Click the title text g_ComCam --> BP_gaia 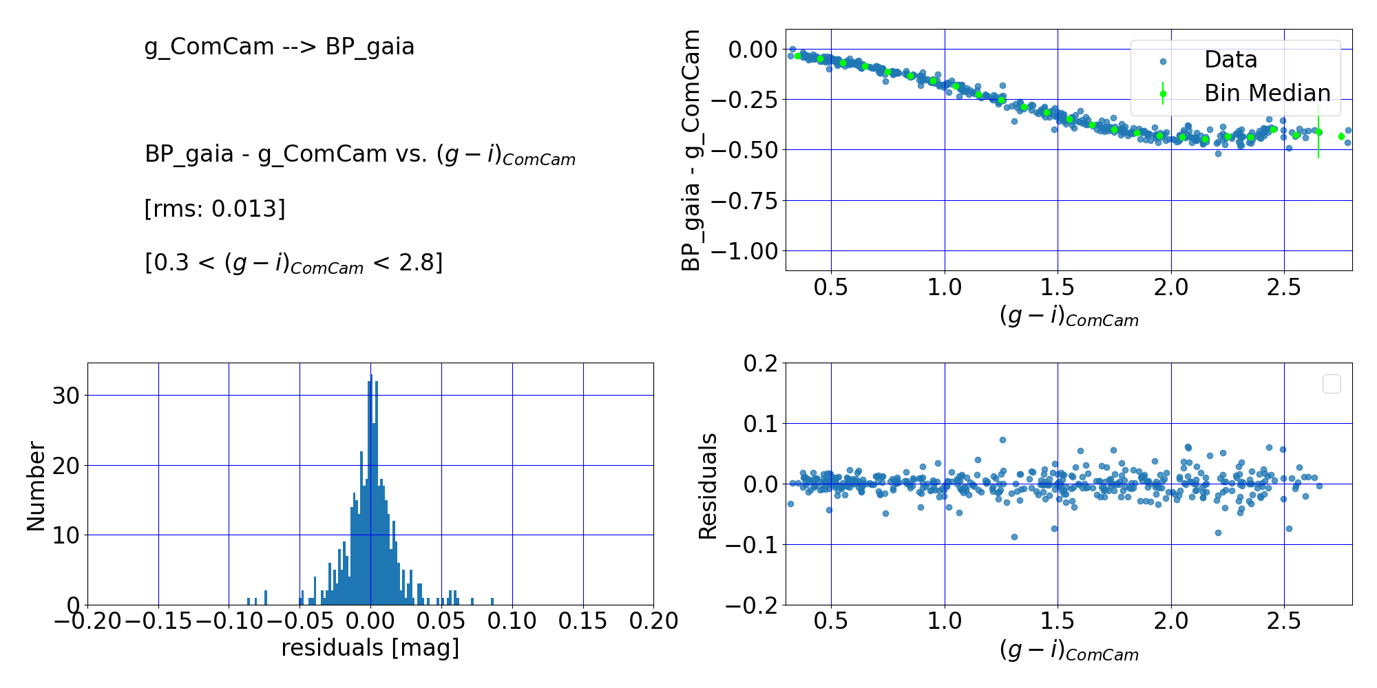(279, 47)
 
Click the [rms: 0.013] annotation (214, 208)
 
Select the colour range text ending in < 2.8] (293, 263)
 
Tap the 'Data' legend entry (1230, 60)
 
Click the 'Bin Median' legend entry (1267, 93)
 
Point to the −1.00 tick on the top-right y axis (743, 251)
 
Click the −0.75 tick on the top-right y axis (743, 201)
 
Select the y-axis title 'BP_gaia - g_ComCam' (691, 150)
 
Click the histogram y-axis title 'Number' (36, 486)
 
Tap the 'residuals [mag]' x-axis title (370, 647)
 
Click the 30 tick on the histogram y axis (67, 396)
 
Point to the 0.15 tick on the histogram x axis (582, 621)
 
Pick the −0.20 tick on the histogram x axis (87, 621)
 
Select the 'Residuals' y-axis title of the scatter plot (708, 486)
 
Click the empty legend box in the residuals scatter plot (1332, 384)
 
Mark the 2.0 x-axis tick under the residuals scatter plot (1171, 621)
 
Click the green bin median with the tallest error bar (1318, 132)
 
